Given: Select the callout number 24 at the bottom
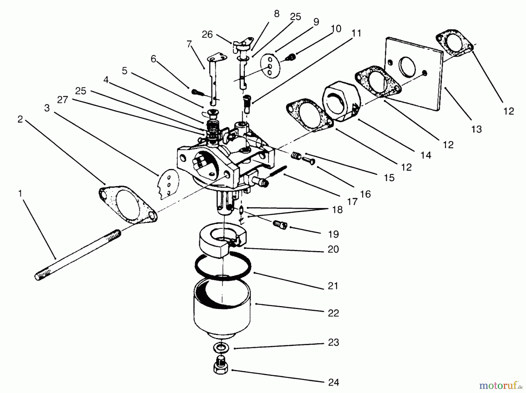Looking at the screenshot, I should click(x=333, y=382).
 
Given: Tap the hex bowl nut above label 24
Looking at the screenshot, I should click(x=221, y=366).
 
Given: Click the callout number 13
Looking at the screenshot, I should click(x=476, y=129).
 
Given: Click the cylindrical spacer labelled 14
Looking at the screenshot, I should click(x=340, y=101).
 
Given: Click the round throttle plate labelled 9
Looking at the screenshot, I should click(x=270, y=66).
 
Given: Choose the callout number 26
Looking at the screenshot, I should click(x=207, y=35).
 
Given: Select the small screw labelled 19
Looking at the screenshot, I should click(x=280, y=225).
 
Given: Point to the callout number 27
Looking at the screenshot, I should click(x=63, y=100).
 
